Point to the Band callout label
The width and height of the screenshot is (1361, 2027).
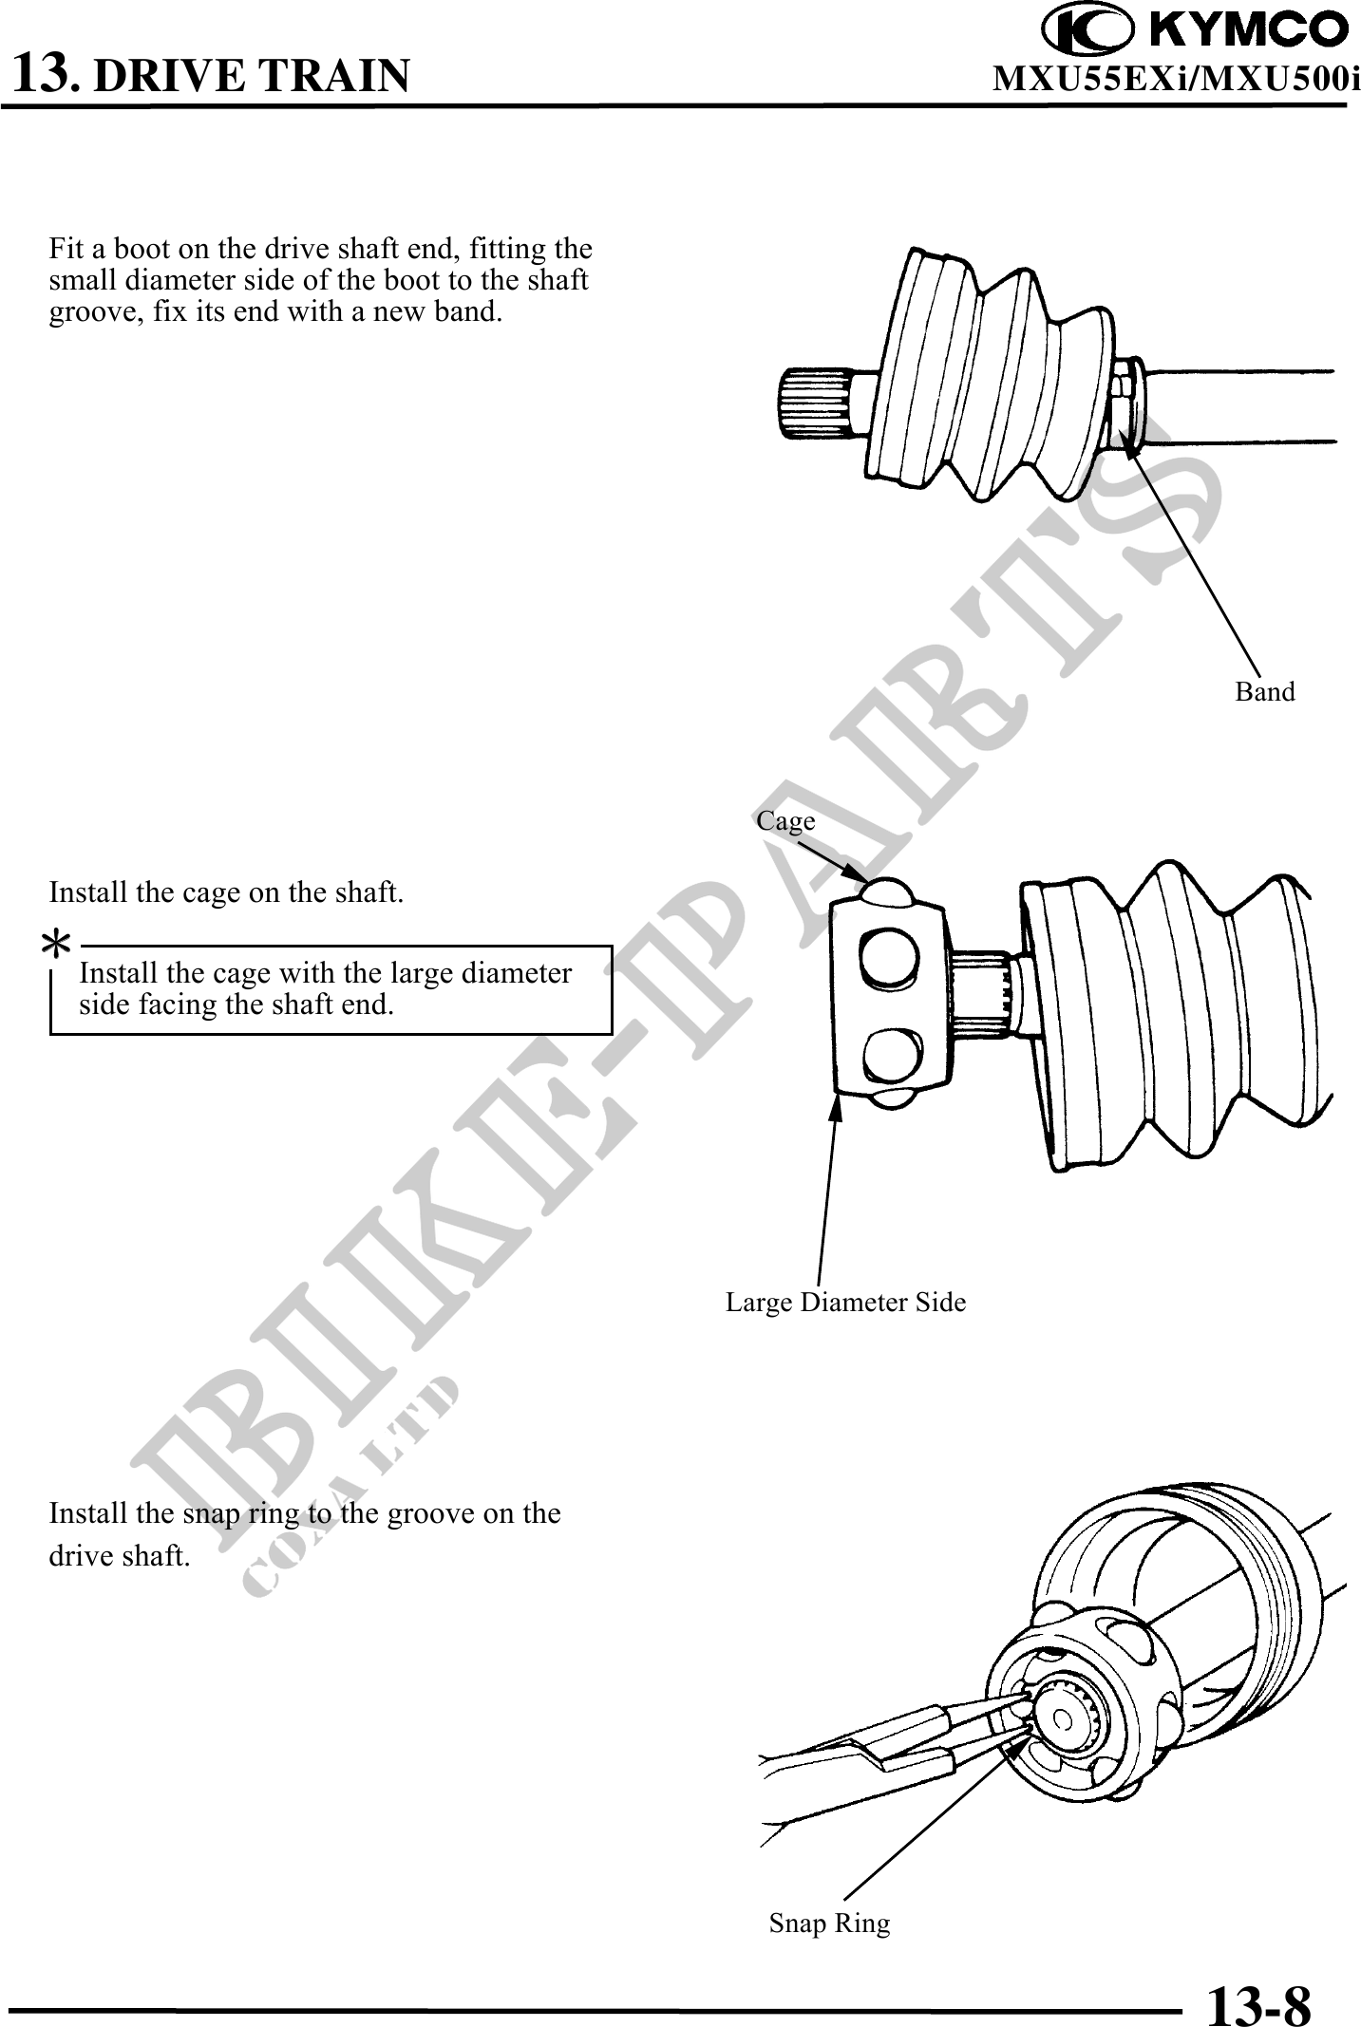pyautogui.click(x=1264, y=692)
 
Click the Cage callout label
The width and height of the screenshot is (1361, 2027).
pyautogui.click(x=785, y=821)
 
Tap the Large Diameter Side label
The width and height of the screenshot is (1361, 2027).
pyautogui.click(x=845, y=1302)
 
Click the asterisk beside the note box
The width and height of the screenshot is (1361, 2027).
pyautogui.click(x=59, y=944)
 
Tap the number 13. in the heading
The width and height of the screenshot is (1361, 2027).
pyautogui.click(x=46, y=73)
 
